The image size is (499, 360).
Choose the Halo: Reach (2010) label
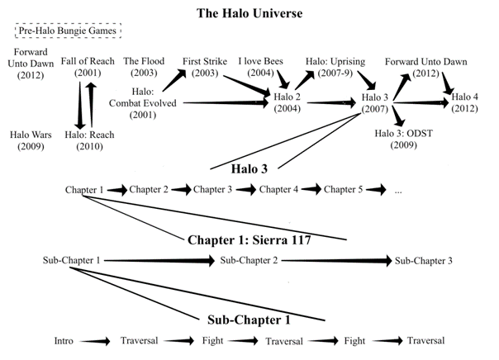(x=87, y=140)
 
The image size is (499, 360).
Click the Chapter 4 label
(x=278, y=190)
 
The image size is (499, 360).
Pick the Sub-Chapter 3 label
(x=423, y=261)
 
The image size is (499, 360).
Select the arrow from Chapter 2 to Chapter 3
(x=181, y=190)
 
